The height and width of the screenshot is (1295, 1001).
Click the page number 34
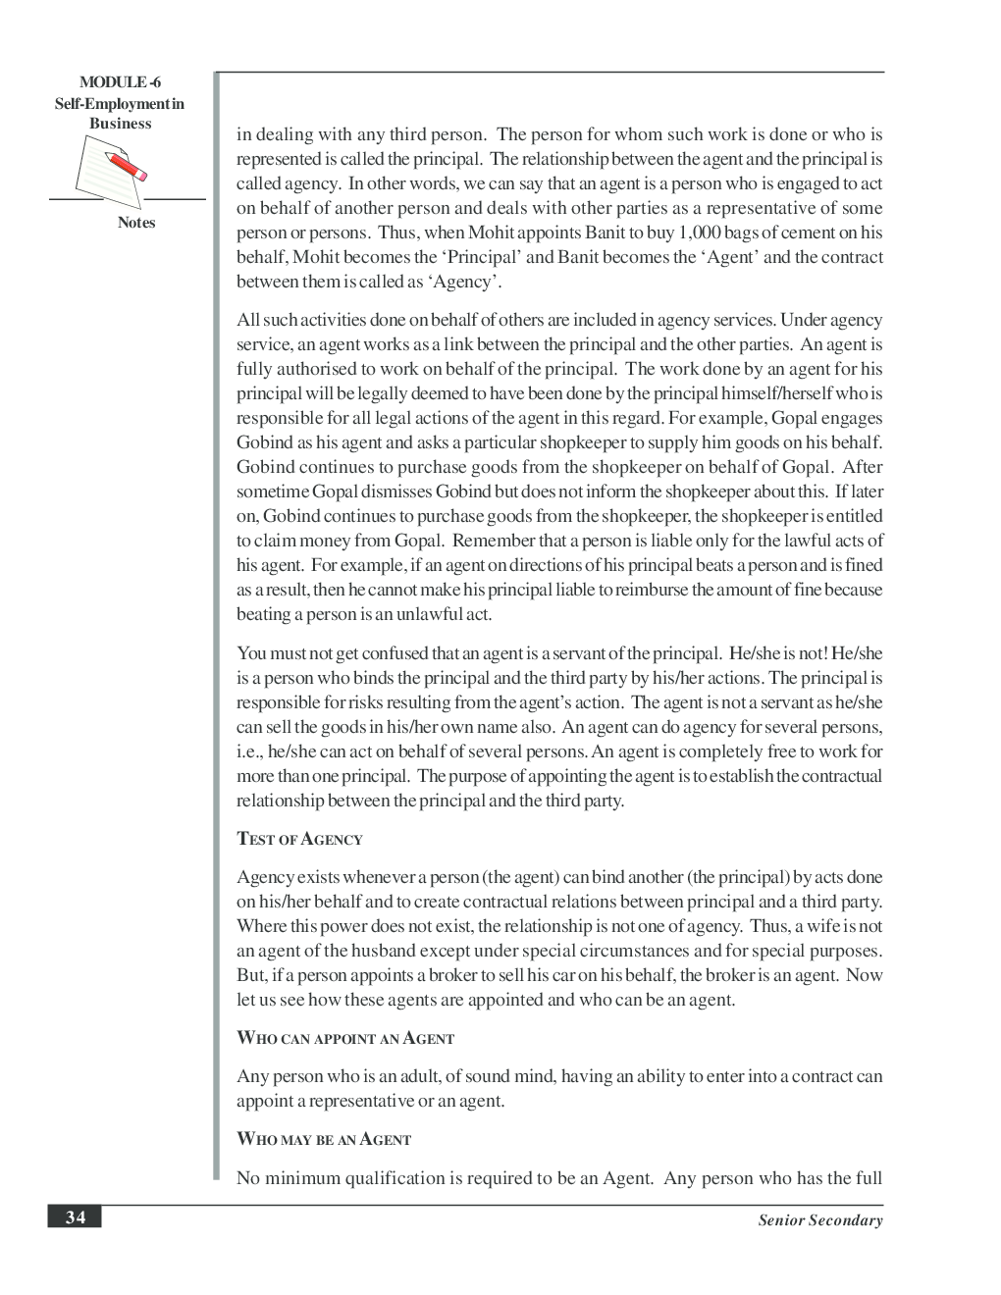(75, 1217)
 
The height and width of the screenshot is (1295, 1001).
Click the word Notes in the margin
(136, 223)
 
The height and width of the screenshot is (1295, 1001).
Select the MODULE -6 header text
(120, 83)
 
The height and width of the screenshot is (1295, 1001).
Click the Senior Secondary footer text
(819, 1220)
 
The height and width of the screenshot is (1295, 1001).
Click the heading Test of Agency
(299, 839)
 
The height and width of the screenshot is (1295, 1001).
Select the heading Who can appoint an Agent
(345, 1038)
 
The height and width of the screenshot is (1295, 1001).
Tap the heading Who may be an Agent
(324, 1139)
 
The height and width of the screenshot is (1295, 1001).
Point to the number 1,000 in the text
(699, 233)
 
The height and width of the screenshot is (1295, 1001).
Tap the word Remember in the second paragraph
(495, 541)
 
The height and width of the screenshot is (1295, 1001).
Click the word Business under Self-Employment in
(120, 124)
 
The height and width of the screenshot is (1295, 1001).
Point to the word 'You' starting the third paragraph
(251, 653)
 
